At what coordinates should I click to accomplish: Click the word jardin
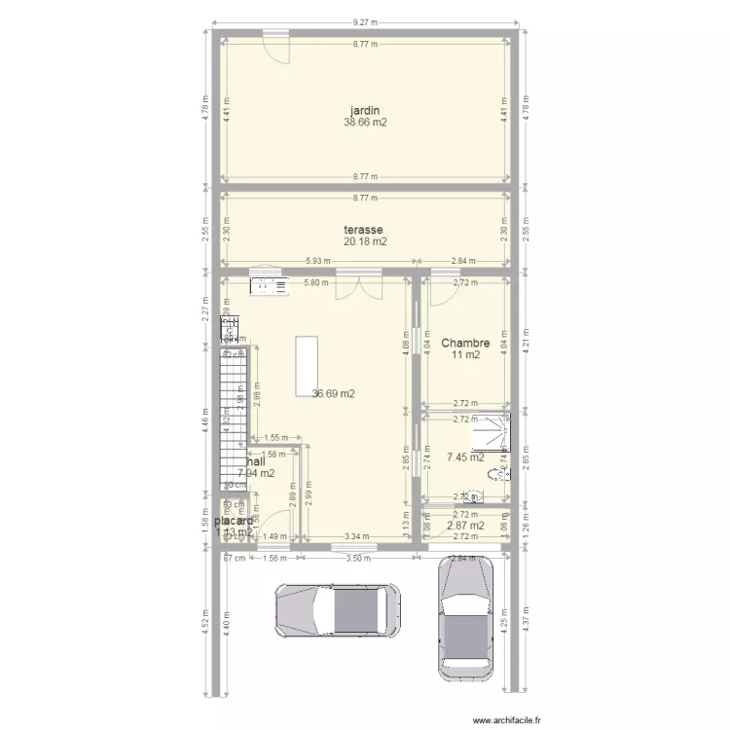(365, 110)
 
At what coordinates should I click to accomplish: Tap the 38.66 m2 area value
(365, 123)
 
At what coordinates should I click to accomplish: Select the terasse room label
(365, 230)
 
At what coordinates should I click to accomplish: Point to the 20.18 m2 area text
(365, 241)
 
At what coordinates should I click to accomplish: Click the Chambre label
(464, 343)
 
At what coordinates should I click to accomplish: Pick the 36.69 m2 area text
(333, 394)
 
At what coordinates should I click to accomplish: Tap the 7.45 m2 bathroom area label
(465, 456)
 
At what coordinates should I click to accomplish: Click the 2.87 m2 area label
(465, 526)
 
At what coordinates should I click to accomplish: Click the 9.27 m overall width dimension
(365, 22)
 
